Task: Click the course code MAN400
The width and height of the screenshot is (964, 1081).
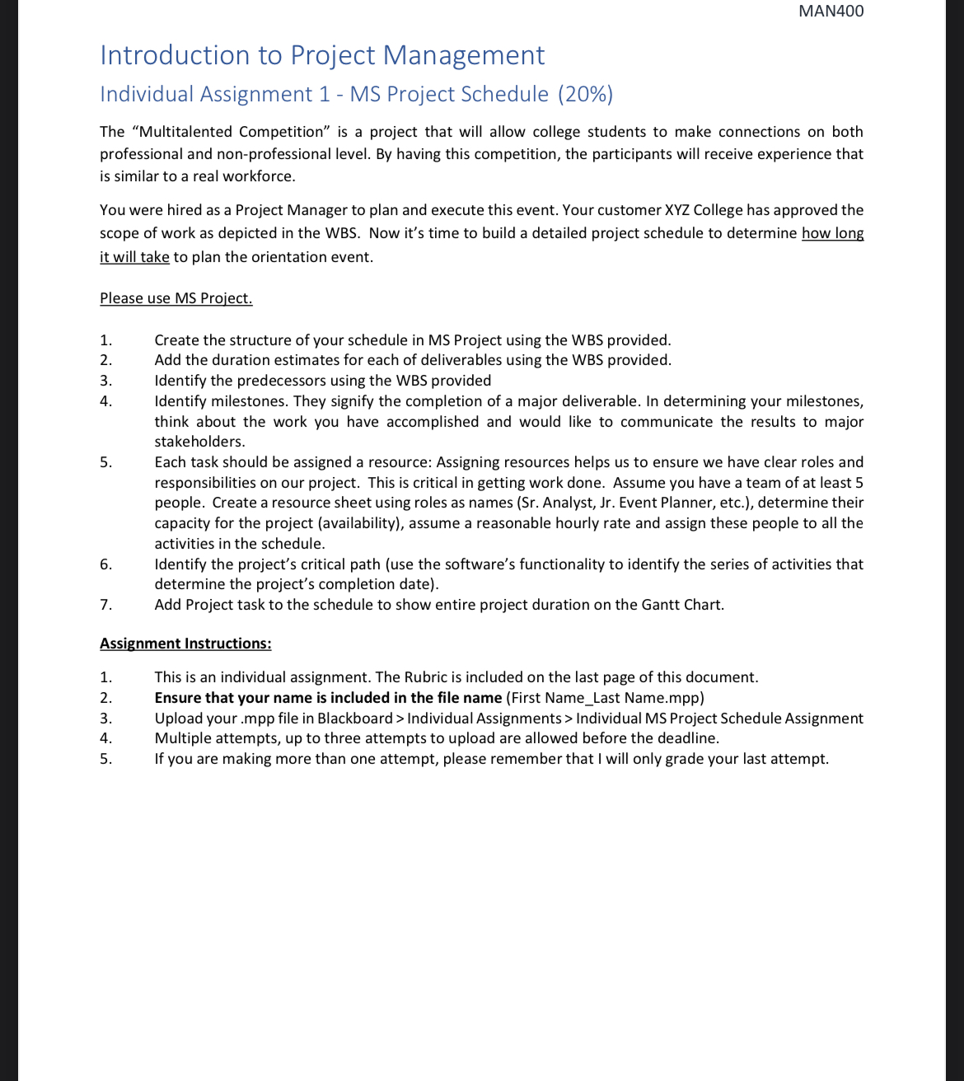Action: point(831,12)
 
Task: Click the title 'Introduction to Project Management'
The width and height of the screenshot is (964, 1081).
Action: point(322,55)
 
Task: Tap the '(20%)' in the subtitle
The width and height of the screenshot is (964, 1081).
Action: point(585,94)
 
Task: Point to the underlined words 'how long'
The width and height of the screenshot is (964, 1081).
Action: point(832,233)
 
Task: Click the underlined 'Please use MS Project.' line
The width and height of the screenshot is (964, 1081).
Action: point(175,298)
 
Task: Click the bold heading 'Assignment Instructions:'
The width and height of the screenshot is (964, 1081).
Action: point(185,643)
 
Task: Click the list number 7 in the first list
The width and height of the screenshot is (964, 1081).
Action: point(105,605)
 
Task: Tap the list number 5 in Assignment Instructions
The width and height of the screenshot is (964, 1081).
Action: point(105,759)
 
